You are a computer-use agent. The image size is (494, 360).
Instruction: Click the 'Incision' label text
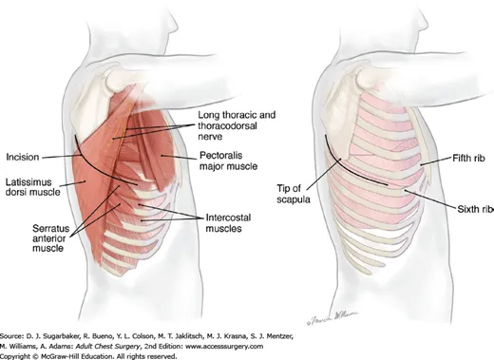coord(23,158)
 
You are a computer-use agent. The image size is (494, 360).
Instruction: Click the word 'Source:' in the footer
coord(17,327)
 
